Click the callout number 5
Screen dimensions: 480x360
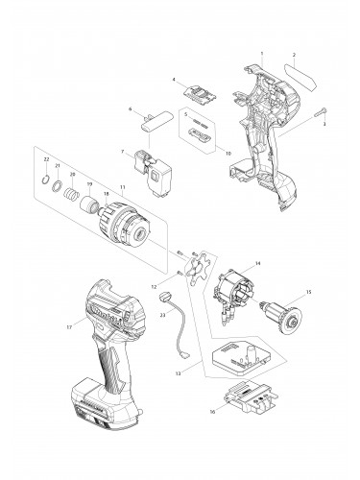[184, 115]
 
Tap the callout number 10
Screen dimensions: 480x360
[228, 152]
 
